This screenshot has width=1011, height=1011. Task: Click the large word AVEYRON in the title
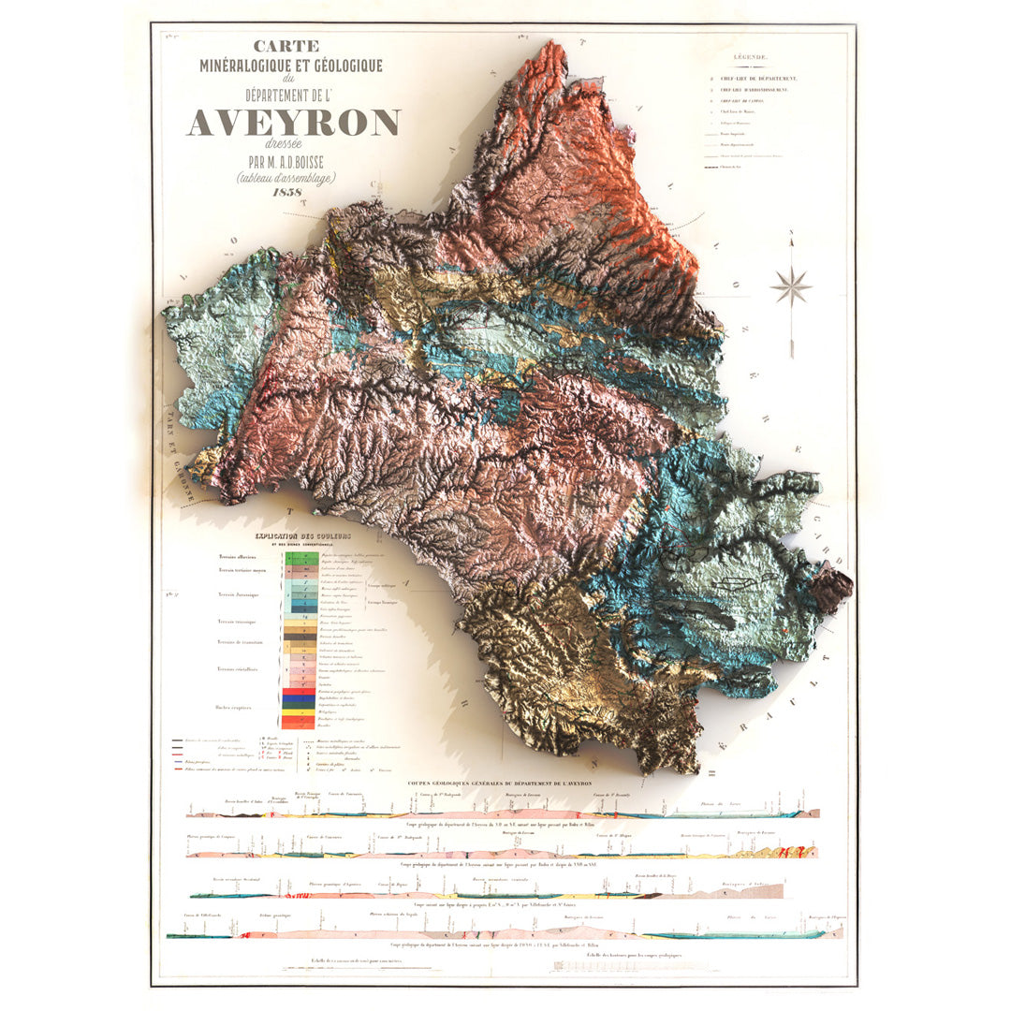(x=293, y=123)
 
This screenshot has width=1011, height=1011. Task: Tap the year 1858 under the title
(x=293, y=193)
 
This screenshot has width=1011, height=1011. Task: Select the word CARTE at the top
(x=292, y=46)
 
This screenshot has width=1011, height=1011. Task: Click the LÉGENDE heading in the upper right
(x=751, y=57)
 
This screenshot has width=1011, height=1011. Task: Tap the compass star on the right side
(x=792, y=286)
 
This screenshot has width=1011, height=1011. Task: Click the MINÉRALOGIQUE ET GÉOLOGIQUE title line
(x=291, y=66)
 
